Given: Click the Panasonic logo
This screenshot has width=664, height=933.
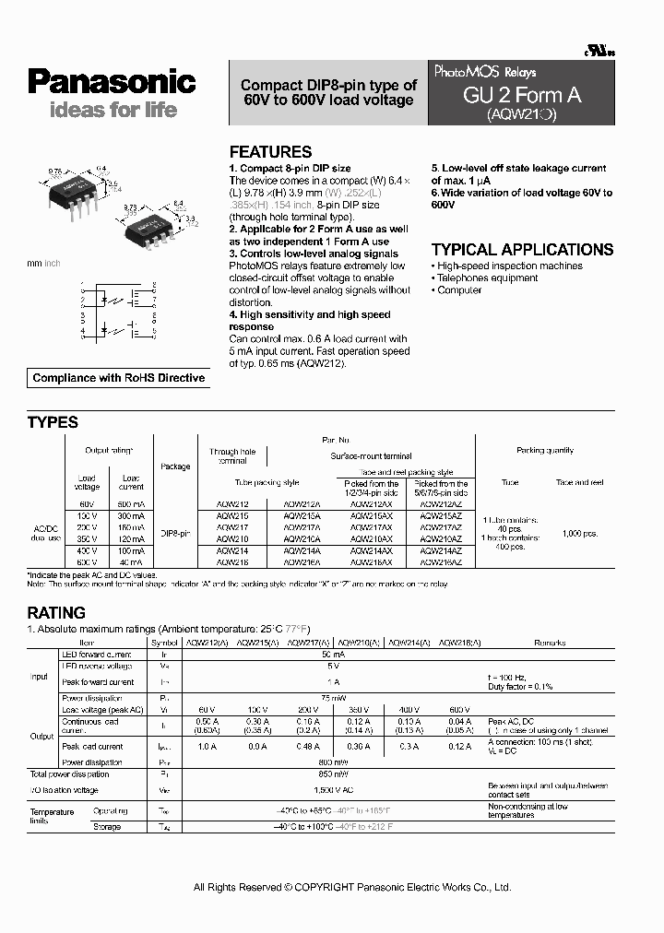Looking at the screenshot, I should (112, 82).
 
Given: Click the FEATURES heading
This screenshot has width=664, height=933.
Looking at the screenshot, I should (270, 152).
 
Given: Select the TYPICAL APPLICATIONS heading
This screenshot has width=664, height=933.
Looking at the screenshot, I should (522, 249).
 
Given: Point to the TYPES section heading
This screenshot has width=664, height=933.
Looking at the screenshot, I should (53, 422).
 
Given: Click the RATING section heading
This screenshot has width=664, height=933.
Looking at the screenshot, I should (56, 612).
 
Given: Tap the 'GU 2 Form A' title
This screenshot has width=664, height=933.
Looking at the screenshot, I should (522, 95).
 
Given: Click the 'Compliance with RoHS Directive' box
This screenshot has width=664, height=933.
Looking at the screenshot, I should (119, 378).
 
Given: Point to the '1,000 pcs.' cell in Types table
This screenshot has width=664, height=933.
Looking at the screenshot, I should (578, 534).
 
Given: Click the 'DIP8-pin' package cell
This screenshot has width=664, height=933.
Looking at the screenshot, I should (176, 534).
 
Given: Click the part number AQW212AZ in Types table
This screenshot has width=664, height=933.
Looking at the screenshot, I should (441, 504).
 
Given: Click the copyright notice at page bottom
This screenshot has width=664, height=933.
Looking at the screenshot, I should (351, 887).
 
